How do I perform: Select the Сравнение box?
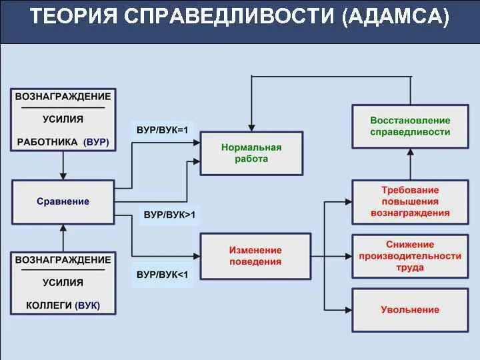tap(63, 201)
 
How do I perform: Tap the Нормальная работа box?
tap(251, 153)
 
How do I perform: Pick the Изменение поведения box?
tap(255, 255)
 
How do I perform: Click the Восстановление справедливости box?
tap(410, 126)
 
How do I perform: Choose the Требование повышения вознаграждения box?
tap(410, 201)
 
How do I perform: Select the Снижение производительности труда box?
tap(410, 256)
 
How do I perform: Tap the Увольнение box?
tap(410, 309)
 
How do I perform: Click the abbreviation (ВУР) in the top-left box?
tap(97, 142)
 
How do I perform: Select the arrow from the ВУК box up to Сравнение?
tap(63, 237)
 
